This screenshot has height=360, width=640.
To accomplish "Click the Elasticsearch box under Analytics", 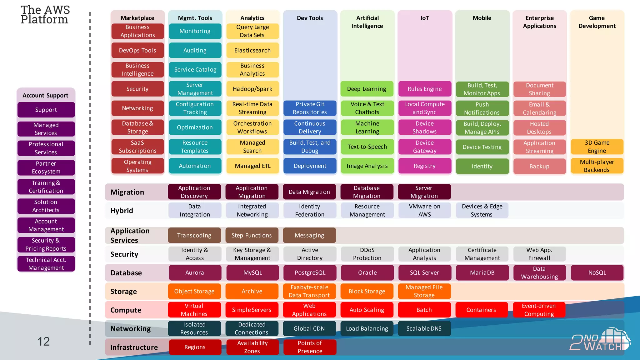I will [252, 50].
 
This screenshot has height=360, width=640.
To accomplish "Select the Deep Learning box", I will [367, 89].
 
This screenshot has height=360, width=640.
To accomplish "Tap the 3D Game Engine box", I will [597, 147].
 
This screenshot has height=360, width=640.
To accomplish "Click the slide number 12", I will [43, 342].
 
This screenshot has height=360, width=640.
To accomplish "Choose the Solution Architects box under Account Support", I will [46, 206].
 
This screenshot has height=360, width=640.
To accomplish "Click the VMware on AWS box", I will [424, 210].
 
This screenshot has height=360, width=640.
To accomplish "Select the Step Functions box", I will [252, 235].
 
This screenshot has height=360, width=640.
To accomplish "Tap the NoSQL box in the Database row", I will [597, 272].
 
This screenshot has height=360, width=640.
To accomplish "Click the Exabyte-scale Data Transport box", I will [309, 291].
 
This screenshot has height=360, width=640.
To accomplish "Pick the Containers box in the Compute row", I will [481, 310].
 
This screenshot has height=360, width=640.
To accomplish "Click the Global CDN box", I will [309, 328].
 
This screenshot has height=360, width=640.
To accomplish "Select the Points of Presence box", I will [310, 347].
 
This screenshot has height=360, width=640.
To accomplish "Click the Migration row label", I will [127, 192].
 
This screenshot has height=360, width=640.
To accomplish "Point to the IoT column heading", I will [424, 18].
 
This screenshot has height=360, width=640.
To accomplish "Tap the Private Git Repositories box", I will [310, 108].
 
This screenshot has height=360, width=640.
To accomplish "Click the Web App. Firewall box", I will [539, 254].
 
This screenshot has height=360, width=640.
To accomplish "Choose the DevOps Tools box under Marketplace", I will [137, 50].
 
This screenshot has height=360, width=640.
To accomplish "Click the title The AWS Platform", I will [45, 15].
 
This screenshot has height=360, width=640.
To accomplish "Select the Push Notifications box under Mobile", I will [482, 108].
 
